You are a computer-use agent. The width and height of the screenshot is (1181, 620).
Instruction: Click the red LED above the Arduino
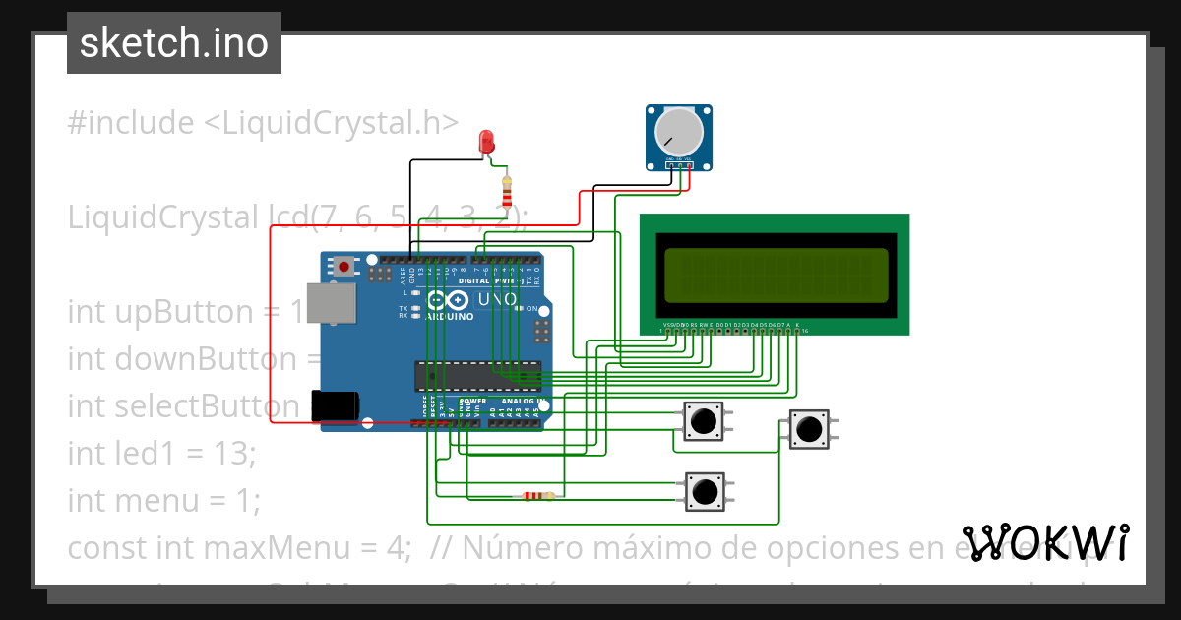click(486, 142)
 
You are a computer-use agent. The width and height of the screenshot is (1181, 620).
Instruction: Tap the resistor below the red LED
click(507, 192)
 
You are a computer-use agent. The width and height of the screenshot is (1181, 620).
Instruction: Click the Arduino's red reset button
click(343, 266)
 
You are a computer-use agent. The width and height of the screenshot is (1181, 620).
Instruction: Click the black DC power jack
click(334, 406)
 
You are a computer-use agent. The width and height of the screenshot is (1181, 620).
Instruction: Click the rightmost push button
click(809, 429)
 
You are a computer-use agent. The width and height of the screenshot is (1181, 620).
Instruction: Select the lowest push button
click(704, 490)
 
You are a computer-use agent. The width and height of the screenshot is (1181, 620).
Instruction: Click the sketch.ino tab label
click(174, 43)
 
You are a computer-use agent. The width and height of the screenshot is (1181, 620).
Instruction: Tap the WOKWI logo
click(1045, 543)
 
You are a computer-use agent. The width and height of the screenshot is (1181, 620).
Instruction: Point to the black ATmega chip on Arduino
click(477, 375)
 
